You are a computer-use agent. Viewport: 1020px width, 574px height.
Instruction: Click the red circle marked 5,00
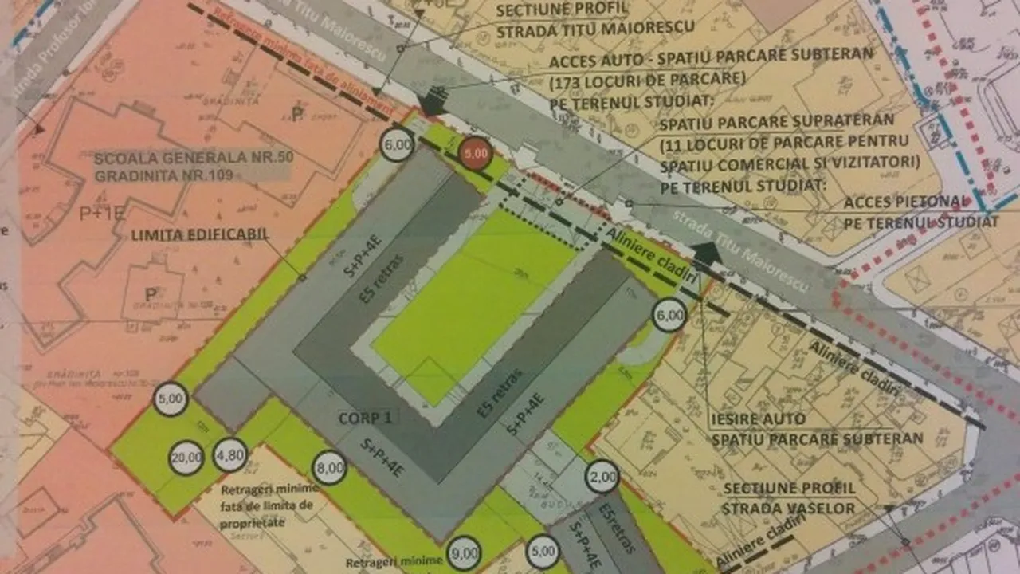click(476, 154)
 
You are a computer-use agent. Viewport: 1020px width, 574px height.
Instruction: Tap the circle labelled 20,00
click(186, 458)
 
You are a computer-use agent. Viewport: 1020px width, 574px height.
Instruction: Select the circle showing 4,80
click(231, 454)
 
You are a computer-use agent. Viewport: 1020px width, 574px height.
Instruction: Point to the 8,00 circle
click(330, 467)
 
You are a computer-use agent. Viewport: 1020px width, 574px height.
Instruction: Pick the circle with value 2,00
click(603, 478)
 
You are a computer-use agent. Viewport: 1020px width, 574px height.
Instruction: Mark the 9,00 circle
click(464, 551)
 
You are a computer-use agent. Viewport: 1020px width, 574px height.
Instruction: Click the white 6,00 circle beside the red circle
click(398, 145)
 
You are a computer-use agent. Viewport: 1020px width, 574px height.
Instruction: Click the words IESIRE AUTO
click(757, 419)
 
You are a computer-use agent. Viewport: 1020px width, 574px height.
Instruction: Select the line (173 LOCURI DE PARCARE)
click(647, 80)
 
